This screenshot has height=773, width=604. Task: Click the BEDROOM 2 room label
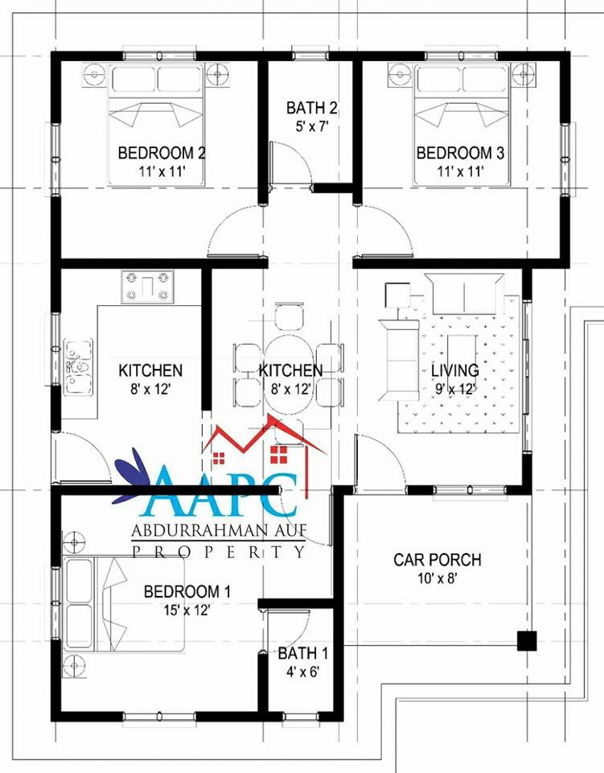(162, 153)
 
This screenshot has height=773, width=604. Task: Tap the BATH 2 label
(312, 107)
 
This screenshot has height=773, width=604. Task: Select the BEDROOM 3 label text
(460, 153)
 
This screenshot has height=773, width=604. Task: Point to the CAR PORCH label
(438, 560)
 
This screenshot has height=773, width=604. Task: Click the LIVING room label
(455, 370)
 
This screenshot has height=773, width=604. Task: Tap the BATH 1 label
(302, 653)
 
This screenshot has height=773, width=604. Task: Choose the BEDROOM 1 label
(187, 591)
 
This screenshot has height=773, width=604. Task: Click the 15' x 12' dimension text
(187, 610)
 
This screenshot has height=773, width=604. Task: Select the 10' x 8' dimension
(438, 578)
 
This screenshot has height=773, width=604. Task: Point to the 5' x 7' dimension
(312, 126)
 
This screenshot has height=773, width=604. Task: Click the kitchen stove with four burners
(147, 287)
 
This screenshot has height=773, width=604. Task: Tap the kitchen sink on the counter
(79, 367)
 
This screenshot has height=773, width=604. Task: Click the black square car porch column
(527, 641)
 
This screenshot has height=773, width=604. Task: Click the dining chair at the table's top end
(290, 316)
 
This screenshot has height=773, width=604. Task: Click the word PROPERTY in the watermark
(219, 551)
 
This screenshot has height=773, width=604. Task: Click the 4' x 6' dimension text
(302, 672)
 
